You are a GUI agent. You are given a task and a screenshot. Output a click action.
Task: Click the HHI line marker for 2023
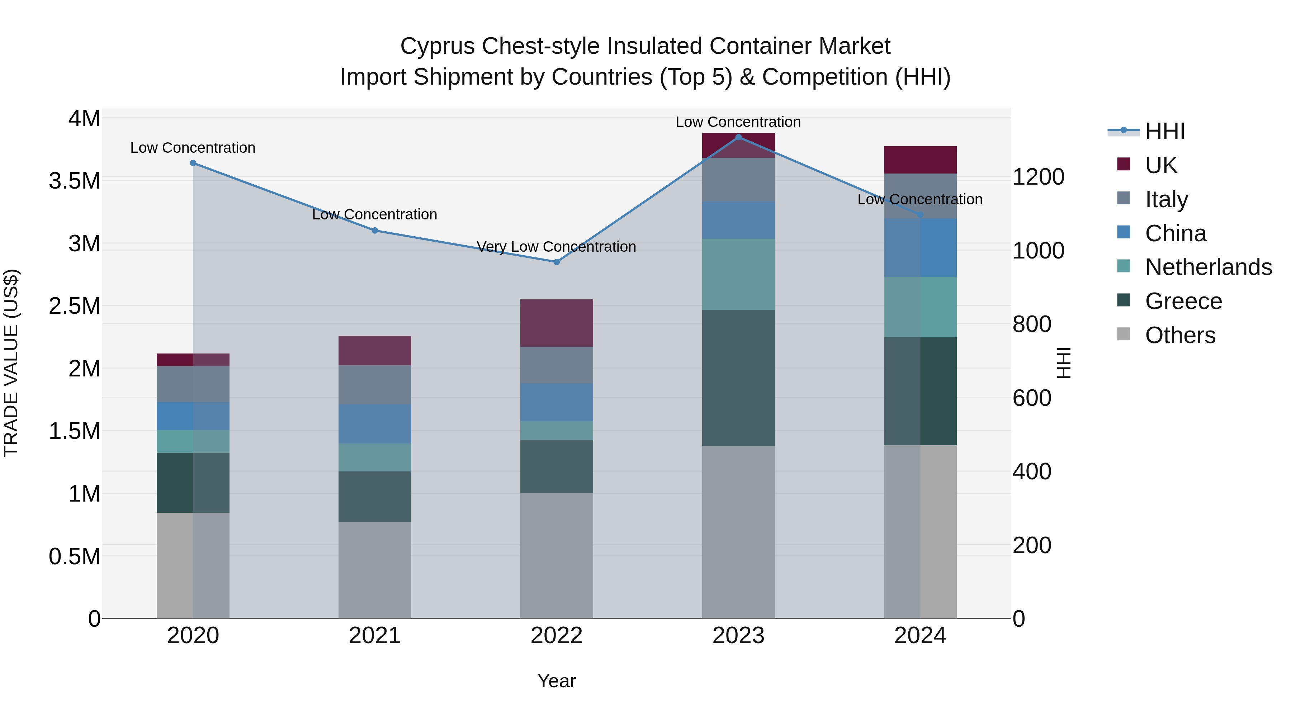pyautogui.click(x=738, y=137)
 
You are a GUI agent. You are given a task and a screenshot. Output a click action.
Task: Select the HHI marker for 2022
pyautogui.click(x=556, y=262)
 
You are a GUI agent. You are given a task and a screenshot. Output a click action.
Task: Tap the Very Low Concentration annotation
pyautogui.click(x=556, y=247)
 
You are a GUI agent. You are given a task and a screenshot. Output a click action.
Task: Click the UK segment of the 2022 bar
pyautogui.click(x=556, y=323)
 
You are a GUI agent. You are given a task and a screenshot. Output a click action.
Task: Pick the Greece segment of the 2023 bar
pyautogui.click(x=738, y=378)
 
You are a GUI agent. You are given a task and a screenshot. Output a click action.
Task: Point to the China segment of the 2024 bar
pyautogui.click(x=920, y=247)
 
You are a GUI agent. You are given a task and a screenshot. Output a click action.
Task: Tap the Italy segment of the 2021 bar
pyautogui.click(x=375, y=385)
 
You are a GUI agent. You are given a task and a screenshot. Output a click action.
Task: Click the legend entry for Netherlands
pyautogui.click(x=1208, y=267)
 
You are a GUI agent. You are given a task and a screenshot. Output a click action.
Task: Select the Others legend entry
pyautogui.click(x=1180, y=335)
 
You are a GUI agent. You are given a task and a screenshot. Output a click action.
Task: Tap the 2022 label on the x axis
pyautogui.click(x=556, y=636)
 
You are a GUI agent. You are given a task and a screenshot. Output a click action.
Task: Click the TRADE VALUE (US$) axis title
pyautogui.click(x=11, y=363)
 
